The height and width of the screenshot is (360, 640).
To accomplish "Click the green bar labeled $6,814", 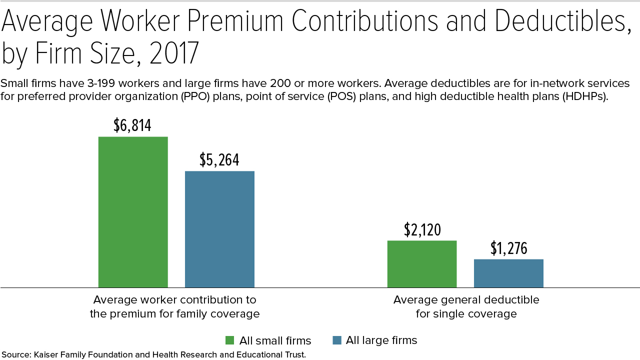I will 133,212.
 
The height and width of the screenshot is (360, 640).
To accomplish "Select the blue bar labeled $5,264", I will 219,229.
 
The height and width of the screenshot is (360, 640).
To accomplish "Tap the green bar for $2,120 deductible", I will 422,264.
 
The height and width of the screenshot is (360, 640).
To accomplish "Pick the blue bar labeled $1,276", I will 508,273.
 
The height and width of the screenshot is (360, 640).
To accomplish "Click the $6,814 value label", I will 132,125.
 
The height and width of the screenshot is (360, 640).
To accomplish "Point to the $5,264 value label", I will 219,159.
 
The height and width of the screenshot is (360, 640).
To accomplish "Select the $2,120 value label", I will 422,229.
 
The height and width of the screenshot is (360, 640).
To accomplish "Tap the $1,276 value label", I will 509,248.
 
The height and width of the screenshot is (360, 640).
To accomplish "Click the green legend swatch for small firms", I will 230,340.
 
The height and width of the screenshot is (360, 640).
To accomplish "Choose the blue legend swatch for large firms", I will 337,340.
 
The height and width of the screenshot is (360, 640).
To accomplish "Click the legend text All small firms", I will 275,341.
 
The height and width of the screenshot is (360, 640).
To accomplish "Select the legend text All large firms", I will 381,340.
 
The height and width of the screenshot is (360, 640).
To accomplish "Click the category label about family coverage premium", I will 174,307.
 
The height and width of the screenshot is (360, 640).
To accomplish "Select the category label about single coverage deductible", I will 466,307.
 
